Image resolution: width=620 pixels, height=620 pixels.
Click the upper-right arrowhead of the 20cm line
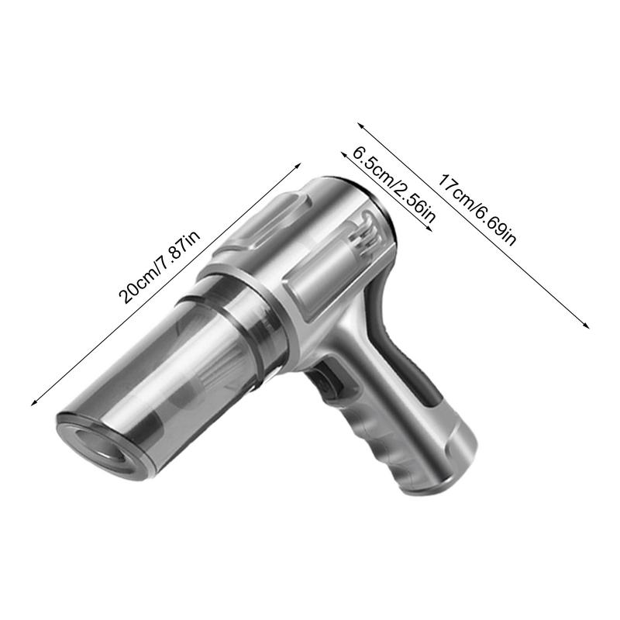click(x=298, y=164)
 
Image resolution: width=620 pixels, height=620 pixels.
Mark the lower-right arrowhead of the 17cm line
click(x=587, y=326)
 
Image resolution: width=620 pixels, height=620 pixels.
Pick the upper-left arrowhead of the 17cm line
click(x=358, y=122)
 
